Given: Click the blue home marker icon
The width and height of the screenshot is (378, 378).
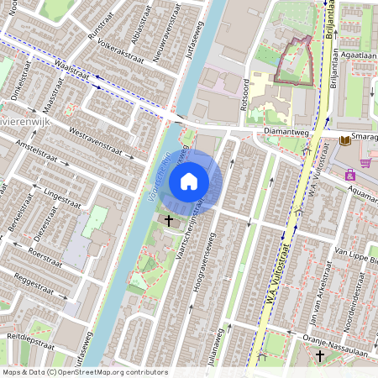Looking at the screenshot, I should click(x=189, y=181).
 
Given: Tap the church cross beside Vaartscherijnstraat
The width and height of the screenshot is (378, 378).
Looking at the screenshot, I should click(x=170, y=220).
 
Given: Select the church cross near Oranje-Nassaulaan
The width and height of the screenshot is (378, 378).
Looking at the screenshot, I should click(x=319, y=356).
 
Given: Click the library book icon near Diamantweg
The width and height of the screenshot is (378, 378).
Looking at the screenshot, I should click(x=344, y=140).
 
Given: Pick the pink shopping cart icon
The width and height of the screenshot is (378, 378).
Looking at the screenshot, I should click(x=365, y=162).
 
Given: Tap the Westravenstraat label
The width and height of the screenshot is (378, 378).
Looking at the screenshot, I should click(x=102, y=144).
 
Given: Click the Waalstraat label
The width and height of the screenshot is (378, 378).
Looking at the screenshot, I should click(x=71, y=71).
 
